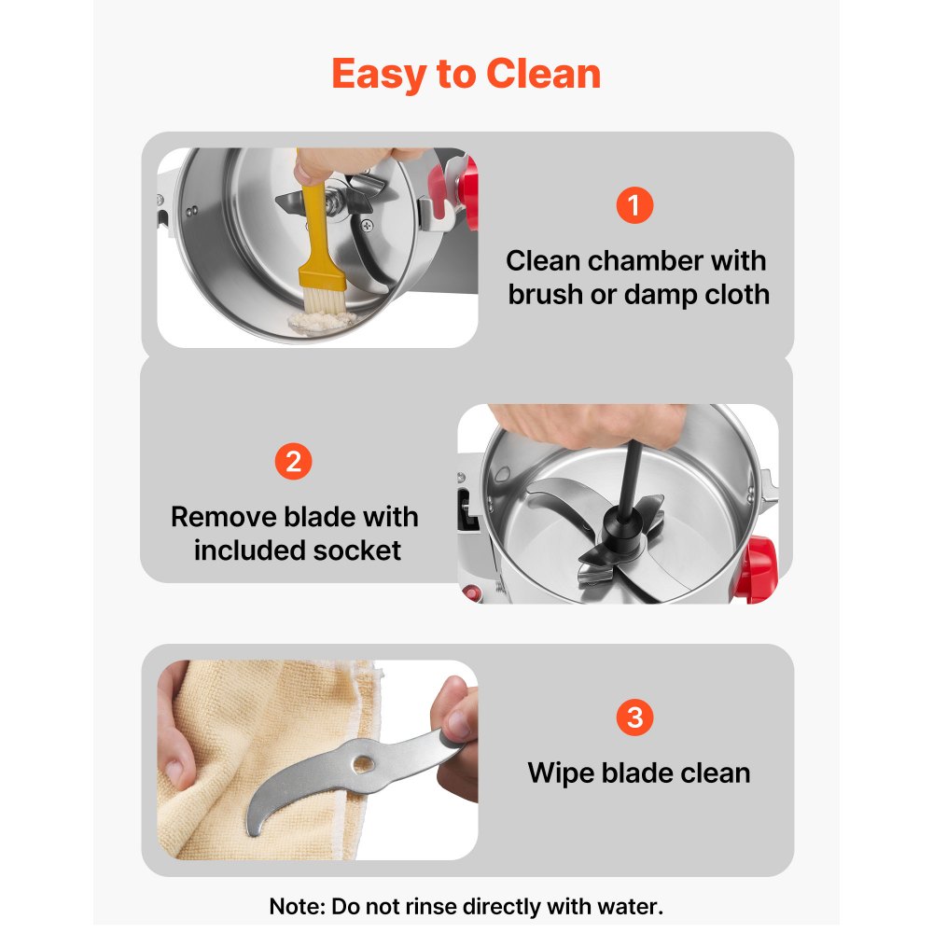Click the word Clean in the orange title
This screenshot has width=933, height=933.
tap(543, 74)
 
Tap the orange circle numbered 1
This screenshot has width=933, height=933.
tap(634, 205)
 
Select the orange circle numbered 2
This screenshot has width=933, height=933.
tap(293, 461)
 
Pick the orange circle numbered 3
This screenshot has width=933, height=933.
tap(634, 717)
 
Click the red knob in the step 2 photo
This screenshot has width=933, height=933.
tap(755, 568)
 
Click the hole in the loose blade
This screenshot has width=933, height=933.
tap(363, 763)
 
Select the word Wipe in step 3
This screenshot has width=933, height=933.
tap(561, 773)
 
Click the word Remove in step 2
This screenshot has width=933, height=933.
tap(223, 517)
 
